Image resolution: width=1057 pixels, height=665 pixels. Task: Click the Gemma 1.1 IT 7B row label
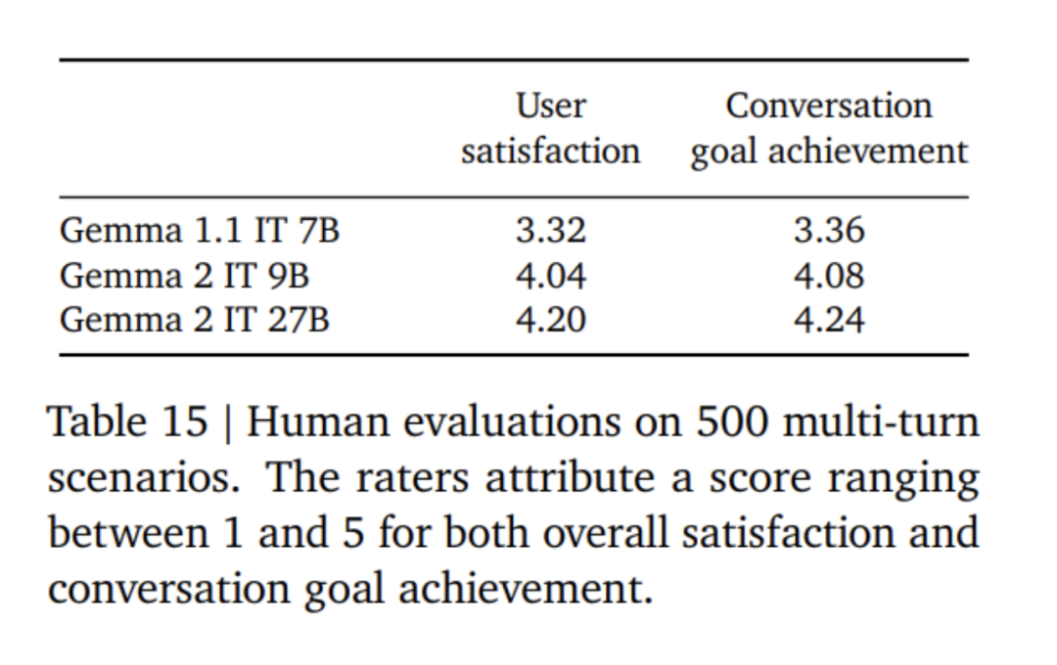[200, 232]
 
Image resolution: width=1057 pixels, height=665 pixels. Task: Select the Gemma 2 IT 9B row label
[185, 277]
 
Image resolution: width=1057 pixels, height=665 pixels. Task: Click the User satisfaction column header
[551, 128]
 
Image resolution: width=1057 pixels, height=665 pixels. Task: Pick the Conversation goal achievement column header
[829, 128]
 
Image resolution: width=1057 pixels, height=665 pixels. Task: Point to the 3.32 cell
[551, 232]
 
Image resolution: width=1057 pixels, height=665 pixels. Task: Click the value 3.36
[829, 232]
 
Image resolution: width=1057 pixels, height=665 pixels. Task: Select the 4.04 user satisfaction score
[551, 277]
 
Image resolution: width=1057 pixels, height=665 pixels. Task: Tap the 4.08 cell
[829, 277]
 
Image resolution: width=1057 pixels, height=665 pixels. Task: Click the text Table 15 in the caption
[127, 422]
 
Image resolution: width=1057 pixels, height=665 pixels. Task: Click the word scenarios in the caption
[147, 479]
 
